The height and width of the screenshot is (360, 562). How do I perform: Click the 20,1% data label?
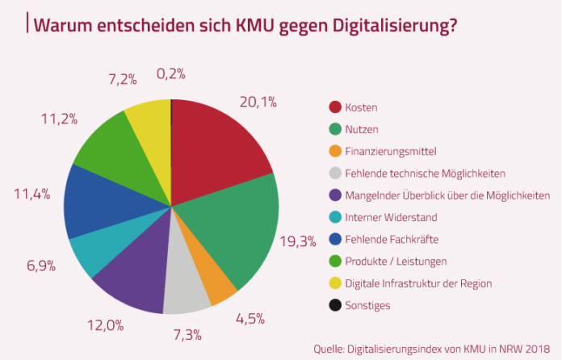(258, 102)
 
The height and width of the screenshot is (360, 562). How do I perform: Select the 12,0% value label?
(106, 325)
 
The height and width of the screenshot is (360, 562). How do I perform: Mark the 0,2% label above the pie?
(171, 73)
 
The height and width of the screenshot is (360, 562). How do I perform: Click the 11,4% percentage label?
(32, 194)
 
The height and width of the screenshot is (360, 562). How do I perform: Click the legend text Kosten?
(362, 107)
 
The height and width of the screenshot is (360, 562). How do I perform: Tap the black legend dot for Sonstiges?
(334, 305)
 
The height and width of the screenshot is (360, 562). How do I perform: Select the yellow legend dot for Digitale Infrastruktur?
(334, 283)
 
